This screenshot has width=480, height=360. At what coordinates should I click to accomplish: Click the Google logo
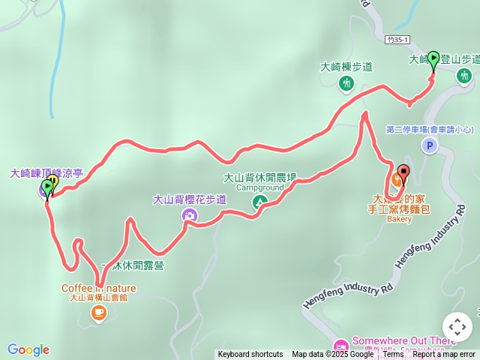[x=28, y=349]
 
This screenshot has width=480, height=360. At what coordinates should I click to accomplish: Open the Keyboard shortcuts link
[x=250, y=355]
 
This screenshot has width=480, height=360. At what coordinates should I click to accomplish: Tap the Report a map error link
[x=444, y=355]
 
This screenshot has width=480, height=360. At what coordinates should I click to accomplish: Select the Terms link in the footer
[x=393, y=355]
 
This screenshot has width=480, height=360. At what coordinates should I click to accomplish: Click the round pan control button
[x=457, y=327]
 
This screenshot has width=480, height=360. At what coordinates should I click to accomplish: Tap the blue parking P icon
[x=429, y=146]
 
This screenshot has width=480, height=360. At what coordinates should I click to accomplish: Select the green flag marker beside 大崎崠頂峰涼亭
[x=48, y=187]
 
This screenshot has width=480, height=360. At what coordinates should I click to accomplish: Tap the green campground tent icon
[x=259, y=202]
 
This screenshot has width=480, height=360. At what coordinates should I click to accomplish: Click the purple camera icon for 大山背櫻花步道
[x=190, y=215]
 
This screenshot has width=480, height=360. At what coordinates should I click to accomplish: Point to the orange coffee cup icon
[x=98, y=314]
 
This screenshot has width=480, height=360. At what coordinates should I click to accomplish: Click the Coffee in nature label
[x=98, y=288]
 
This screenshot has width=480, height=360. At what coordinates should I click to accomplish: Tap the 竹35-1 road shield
[x=399, y=38]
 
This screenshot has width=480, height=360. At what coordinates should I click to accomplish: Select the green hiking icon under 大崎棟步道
[x=346, y=83]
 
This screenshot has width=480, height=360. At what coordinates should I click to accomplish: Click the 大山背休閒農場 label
[x=260, y=178]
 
